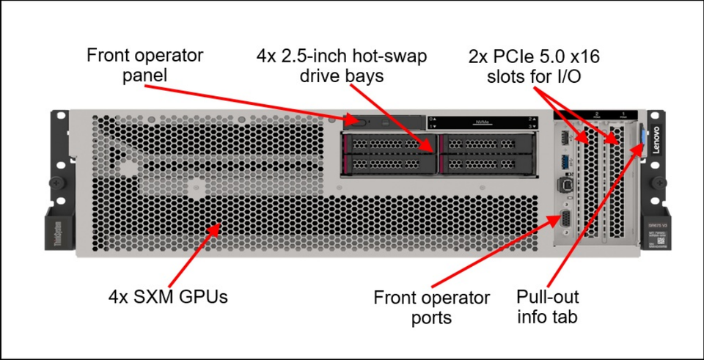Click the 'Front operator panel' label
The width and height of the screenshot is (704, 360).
144,65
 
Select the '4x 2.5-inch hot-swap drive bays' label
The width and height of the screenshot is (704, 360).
342,65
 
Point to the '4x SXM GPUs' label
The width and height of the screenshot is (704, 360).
168,298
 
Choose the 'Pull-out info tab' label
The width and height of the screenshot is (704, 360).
547,306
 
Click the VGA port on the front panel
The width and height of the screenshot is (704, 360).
565,219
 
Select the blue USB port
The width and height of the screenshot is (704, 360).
565,161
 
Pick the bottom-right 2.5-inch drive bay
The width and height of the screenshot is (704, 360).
485,164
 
